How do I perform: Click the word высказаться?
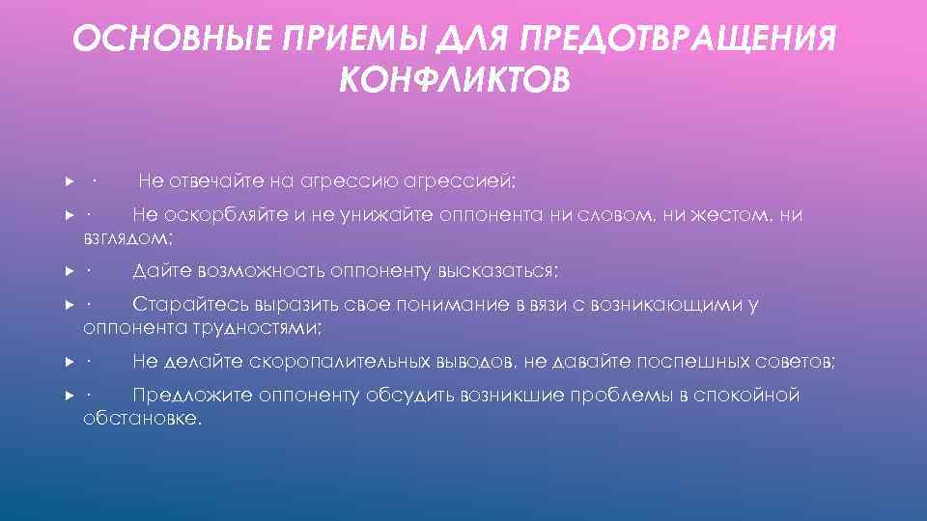click(498, 269)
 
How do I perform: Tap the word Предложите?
click(190, 396)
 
